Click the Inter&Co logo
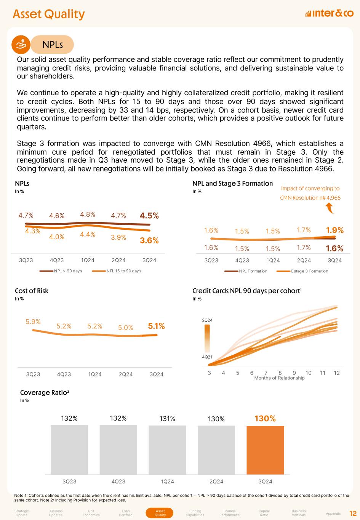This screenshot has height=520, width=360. pyautogui.click(x=329, y=14)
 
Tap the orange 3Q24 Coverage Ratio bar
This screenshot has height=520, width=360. pyautogui.click(x=265, y=450)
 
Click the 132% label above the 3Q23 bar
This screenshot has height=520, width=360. pyautogui.click(x=69, y=418)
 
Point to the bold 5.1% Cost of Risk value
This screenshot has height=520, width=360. pyautogui.click(x=156, y=326)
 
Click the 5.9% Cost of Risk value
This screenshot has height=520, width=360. pyautogui.click(x=33, y=322)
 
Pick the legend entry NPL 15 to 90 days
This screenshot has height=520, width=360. pyautogui.click(x=123, y=271)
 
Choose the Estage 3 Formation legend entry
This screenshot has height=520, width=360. pyautogui.click(x=309, y=271)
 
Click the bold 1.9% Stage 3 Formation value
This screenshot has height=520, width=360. pyautogui.click(x=335, y=230)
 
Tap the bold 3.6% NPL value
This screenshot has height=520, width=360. pyautogui.click(x=149, y=240)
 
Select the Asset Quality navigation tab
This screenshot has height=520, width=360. pyautogui.click(x=160, y=513)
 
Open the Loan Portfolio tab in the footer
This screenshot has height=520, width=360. pyautogui.click(x=126, y=513)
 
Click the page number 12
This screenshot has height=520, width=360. pyautogui.click(x=353, y=513)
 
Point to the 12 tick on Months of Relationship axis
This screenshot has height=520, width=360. pyautogui.click(x=337, y=373)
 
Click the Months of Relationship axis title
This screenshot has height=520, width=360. pyautogui.click(x=279, y=378)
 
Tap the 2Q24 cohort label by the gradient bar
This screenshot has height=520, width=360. pyautogui.click(x=207, y=320)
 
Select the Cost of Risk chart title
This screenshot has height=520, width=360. pyautogui.click(x=32, y=291)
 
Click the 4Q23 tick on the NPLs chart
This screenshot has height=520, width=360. pyautogui.click(x=57, y=260)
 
